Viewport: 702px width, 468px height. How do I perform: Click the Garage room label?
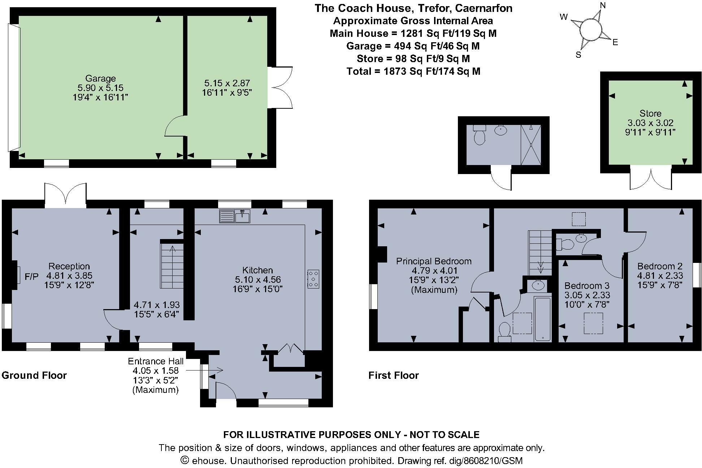[x=100, y=78]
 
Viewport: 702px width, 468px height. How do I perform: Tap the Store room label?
[x=650, y=113]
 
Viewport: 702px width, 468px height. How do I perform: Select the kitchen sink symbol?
[x=235, y=217]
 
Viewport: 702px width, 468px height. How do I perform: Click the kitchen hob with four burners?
[x=313, y=279]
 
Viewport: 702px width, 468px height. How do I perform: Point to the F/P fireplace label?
[x=31, y=277]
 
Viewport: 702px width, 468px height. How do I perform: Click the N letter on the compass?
[x=602, y=5]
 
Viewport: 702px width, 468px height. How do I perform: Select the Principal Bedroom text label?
[x=434, y=261]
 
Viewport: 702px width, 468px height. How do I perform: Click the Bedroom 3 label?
[x=587, y=286]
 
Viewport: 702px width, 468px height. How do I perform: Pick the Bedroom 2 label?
[x=660, y=266]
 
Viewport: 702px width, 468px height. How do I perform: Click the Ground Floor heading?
[x=34, y=375]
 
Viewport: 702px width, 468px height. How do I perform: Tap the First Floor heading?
[x=394, y=375]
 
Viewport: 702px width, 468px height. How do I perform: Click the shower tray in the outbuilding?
[x=531, y=144]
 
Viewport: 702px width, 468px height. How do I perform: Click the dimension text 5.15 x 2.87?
[x=226, y=83]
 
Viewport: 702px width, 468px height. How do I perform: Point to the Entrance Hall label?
[x=156, y=361]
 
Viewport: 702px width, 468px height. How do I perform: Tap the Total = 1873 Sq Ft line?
[x=413, y=71]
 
